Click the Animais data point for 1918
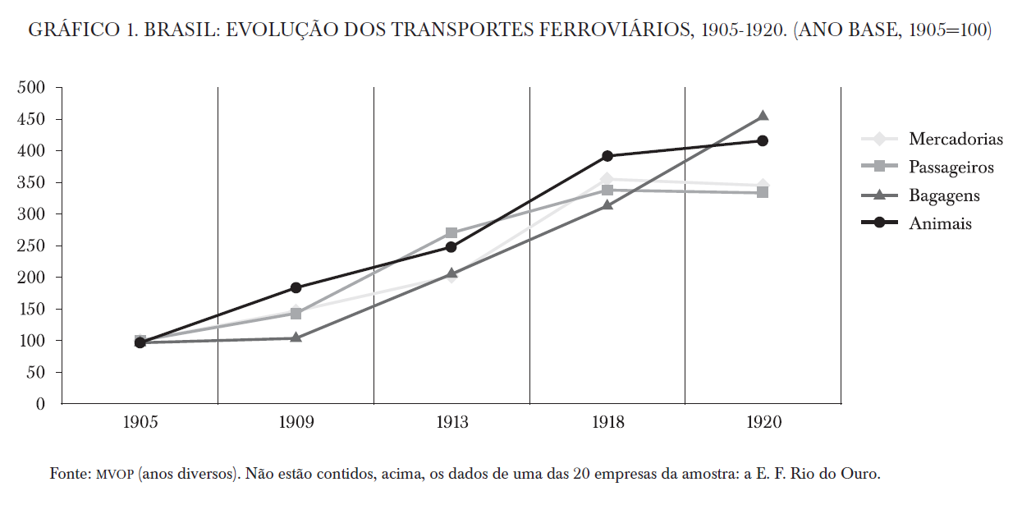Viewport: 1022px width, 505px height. click(x=607, y=156)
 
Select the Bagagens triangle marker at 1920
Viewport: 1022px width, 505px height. click(x=763, y=117)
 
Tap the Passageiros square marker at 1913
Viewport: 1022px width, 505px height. click(x=451, y=233)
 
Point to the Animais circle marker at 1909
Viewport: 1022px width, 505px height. click(x=296, y=288)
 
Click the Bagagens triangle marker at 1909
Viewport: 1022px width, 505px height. click(x=296, y=337)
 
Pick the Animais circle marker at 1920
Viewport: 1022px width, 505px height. click(x=763, y=141)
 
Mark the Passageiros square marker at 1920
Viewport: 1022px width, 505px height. click(x=763, y=192)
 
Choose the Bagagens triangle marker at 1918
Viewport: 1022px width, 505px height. click(x=607, y=204)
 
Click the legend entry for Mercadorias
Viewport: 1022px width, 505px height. click(x=956, y=139)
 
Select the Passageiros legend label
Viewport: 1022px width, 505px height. click(x=951, y=168)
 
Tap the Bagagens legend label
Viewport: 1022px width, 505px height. click(x=944, y=195)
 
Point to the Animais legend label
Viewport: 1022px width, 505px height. click(x=940, y=223)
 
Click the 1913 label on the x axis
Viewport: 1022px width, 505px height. click(x=451, y=423)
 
